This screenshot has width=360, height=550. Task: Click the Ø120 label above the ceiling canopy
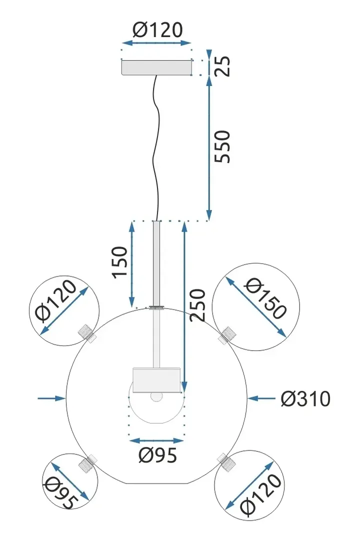(x=157, y=30)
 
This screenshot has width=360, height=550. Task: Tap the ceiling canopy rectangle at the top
(x=157, y=67)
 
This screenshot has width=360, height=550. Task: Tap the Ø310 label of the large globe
(x=305, y=399)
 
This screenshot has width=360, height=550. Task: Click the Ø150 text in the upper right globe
(x=265, y=298)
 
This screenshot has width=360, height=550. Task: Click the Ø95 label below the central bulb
(x=157, y=455)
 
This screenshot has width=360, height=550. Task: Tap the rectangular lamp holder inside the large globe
(x=156, y=380)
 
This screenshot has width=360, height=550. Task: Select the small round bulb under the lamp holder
(x=157, y=397)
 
